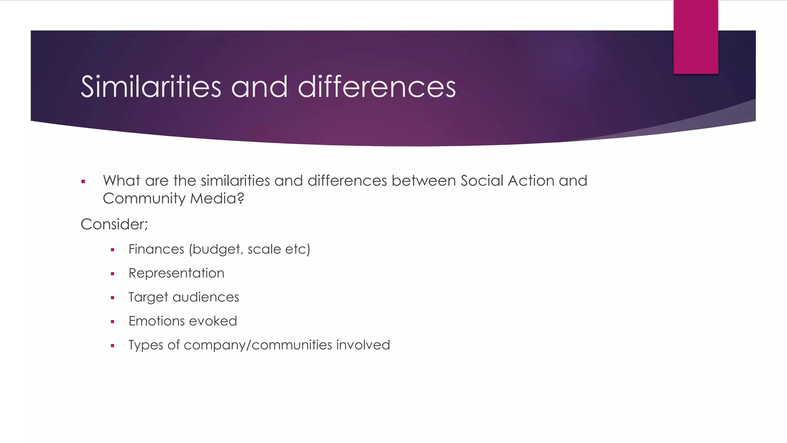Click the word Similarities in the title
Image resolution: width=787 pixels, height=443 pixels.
pos(151,87)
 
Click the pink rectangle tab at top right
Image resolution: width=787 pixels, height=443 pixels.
pos(696,37)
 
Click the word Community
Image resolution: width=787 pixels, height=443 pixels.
pos(144,199)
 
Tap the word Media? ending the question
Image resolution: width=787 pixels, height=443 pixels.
pos(217,198)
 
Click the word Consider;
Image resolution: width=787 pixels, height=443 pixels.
pos(114,224)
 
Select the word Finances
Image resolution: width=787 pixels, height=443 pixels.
pos(156,249)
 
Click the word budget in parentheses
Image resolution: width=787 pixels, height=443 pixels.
pos(218,250)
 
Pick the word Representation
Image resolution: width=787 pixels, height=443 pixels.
pos(176,273)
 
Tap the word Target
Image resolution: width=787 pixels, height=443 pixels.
pos(148,297)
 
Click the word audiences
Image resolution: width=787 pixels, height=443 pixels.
pos(206,297)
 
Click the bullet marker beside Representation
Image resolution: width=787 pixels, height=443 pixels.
pos(113,274)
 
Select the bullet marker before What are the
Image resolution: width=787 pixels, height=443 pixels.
pos(83,182)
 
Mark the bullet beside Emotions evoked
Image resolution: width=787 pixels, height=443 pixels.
pos(113,322)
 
